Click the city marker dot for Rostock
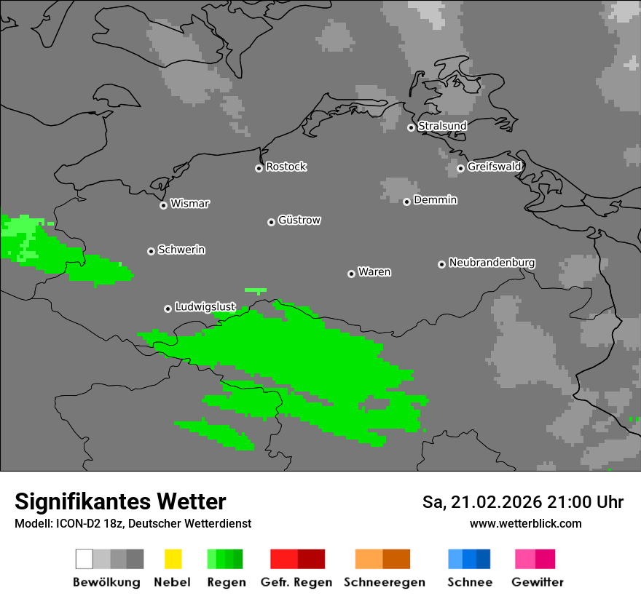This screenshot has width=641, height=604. [259, 168]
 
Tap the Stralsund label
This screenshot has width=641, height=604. [442, 126]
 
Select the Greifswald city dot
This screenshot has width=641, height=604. [460, 168]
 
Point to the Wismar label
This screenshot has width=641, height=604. [189, 204]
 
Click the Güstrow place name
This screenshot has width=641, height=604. [299, 220]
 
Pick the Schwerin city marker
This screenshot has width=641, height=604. [151, 251]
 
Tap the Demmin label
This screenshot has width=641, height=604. [435, 199]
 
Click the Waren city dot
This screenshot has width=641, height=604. [351, 274]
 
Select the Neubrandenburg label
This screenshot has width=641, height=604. [492, 262]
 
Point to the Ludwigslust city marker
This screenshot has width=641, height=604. [168, 309]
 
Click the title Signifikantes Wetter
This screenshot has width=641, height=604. [120, 501]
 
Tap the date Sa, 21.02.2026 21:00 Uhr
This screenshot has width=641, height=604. [522, 502]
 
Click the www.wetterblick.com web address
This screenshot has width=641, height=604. [525, 523]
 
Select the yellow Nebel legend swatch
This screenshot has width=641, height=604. [173, 559]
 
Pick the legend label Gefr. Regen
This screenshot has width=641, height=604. [296, 582]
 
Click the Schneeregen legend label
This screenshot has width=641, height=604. [384, 582]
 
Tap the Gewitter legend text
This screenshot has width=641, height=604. [537, 582]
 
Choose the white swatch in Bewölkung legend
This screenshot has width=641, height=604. [84, 559]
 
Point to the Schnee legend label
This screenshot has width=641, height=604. [469, 582]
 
